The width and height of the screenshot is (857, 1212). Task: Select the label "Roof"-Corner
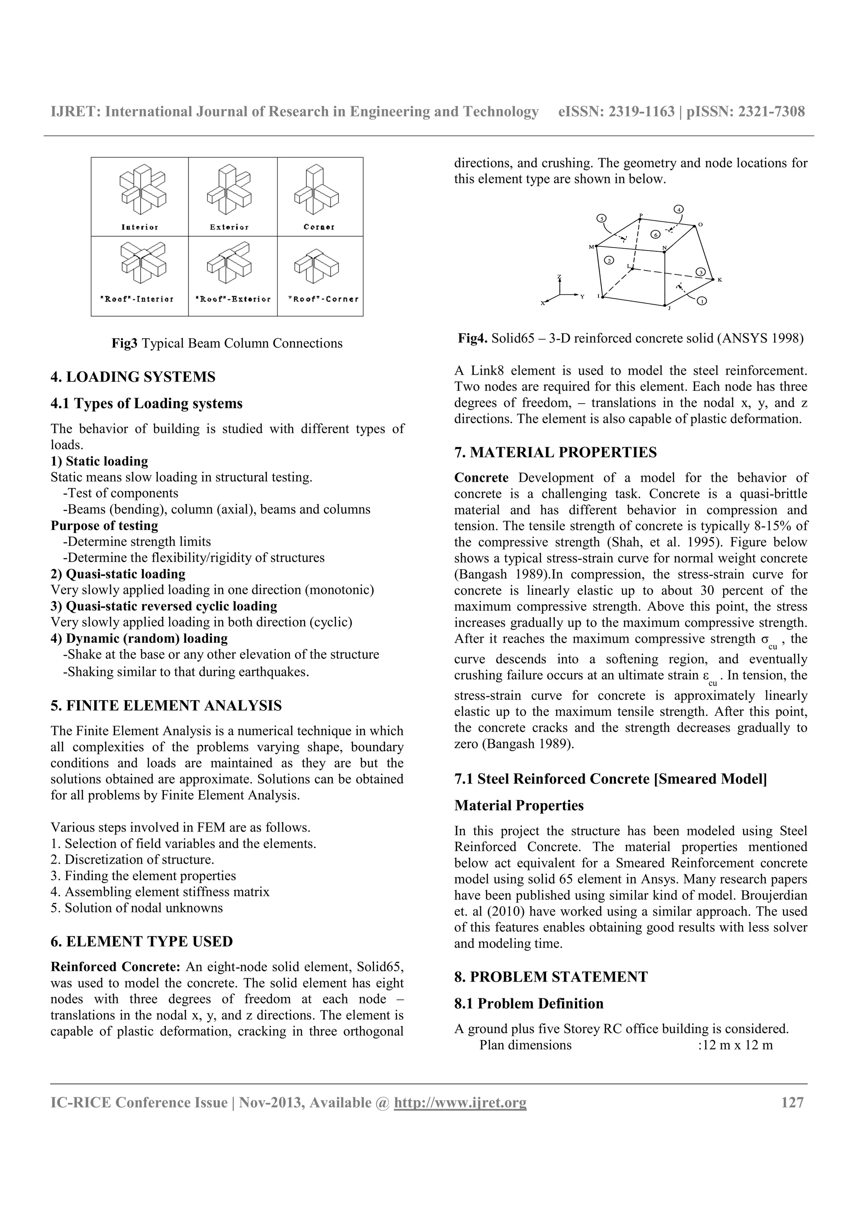[323, 299]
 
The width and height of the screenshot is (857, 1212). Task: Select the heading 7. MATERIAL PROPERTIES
[555, 453]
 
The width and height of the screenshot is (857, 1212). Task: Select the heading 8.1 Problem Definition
[529, 1003]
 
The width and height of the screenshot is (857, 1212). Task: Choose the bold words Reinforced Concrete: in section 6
[115, 967]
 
